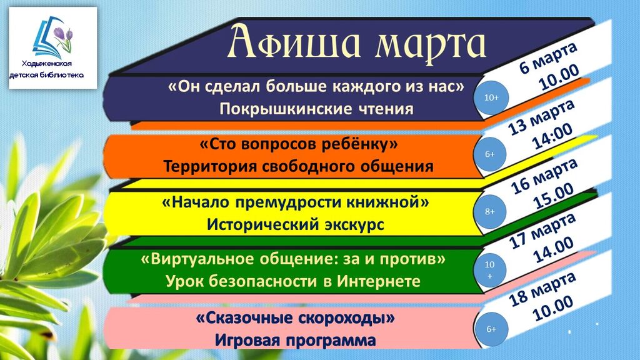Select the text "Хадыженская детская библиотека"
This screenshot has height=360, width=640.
coord(46,69)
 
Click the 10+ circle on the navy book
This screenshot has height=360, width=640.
coord(491,98)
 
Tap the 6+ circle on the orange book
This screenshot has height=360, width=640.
coord(490,154)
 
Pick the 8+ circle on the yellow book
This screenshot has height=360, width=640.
coord(490,211)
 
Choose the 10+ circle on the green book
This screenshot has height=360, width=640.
coord(490,270)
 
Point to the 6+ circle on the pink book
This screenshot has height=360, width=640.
coord(491,329)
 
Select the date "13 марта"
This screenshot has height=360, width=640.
coord(541,117)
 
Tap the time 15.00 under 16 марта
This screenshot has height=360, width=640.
coord(554,197)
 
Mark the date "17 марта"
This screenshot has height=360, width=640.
coord(542,231)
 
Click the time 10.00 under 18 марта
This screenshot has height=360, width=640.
coord(553,309)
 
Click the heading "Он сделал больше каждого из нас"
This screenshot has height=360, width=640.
coord(316,86)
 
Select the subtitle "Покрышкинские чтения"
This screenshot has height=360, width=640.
coord(316,109)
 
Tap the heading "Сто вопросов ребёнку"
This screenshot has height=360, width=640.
coord(298,144)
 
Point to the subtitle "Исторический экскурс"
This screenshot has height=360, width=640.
coord(296,224)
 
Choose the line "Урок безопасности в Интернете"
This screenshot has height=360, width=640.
coord(292,281)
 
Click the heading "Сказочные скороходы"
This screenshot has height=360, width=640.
coord(296,317)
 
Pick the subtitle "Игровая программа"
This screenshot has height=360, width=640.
coord(296,340)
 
